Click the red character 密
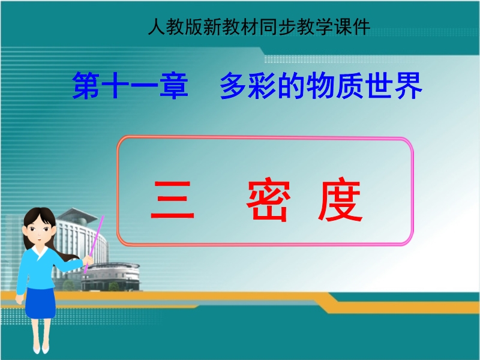click(x=268, y=199)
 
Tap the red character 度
click(x=340, y=199)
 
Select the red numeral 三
click(x=172, y=199)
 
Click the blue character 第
click(x=86, y=85)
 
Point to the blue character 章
click(x=174, y=85)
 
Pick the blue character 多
click(x=233, y=85)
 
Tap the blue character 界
click(x=409, y=85)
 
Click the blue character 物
click(x=320, y=85)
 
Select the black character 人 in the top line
click(x=157, y=26)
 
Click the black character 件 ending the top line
click(x=361, y=26)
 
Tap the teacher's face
click(x=39, y=230)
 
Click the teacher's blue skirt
click(x=40, y=303)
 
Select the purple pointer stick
click(x=94, y=244)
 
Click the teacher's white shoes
click(x=41, y=349)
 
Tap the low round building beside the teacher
click(x=111, y=277)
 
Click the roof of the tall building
click(x=77, y=214)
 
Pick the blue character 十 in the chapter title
click(x=115, y=85)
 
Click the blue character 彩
click(x=262, y=85)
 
